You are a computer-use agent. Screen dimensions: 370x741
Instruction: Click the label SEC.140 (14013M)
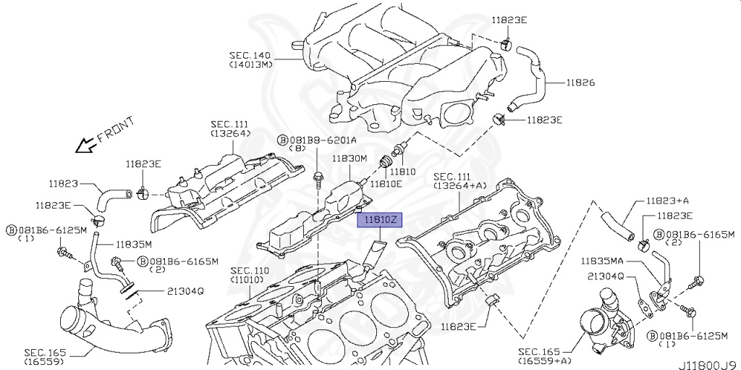tap(250, 59)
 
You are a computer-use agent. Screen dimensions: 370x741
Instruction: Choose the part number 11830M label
tap(350, 158)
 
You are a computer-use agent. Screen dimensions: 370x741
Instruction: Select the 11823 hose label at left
tap(64, 184)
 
